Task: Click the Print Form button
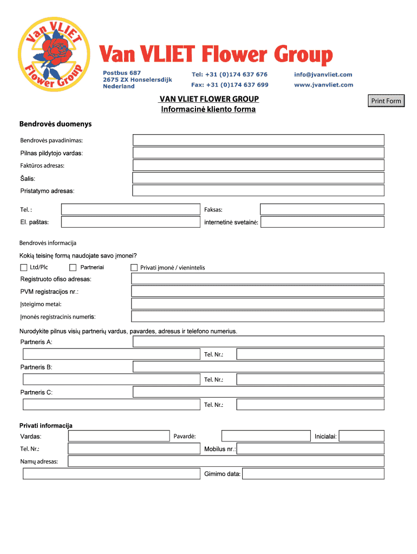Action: pyautogui.click(x=386, y=101)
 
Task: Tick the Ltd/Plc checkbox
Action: pyautogui.click(x=24, y=267)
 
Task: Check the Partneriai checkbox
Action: pyautogui.click(x=73, y=267)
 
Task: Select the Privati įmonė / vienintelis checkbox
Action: pyautogui.click(x=134, y=267)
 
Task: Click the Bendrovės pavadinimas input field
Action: pyautogui.click(x=258, y=140)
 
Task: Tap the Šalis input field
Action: pyautogui.click(x=258, y=178)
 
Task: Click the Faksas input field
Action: pyautogui.click(x=322, y=209)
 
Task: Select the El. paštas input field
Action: pyautogui.click(x=131, y=222)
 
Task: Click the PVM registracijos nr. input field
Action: pyautogui.click(x=258, y=291)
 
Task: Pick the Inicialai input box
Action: pyautogui.click(x=361, y=436)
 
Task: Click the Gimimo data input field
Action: pyautogui.click(x=313, y=474)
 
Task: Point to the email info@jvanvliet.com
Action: pyautogui.click(x=323, y=75)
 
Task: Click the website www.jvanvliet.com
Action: pyautogui.click(x=323, y=85)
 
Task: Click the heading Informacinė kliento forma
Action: pyautogui.click(x=208, y=110)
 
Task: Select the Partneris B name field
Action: pyautogui.click(x=258, y=367)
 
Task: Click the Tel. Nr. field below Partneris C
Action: pyautogui.click(x=310, y=404)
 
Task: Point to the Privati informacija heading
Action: pyautogui.click(x=46, y=426)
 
